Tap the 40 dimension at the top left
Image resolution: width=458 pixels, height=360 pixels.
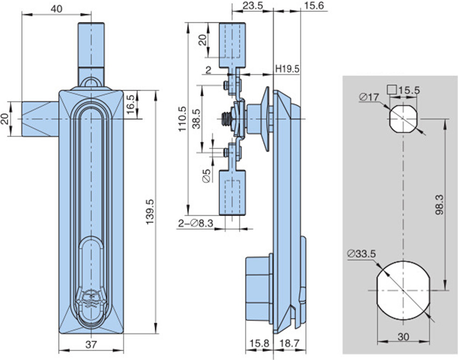57,9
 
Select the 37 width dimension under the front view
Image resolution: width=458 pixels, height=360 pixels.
91,345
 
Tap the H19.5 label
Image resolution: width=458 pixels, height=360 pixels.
287,69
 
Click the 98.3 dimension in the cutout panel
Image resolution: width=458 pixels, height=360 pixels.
439,204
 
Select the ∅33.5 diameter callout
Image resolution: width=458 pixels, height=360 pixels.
361,253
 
